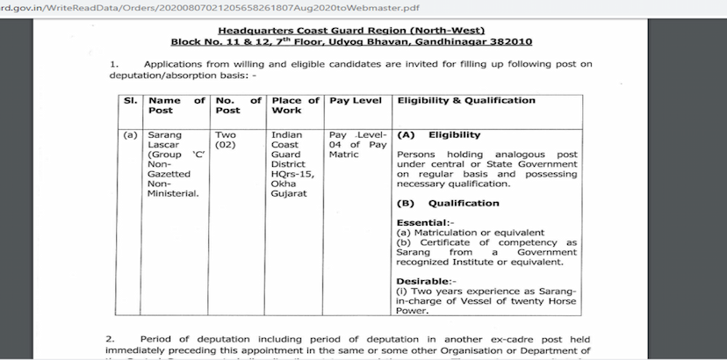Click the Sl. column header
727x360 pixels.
tap(129, 100)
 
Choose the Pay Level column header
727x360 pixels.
tap(355, 100)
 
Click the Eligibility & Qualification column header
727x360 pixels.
tap(466, 100)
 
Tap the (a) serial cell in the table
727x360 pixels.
tap(130, 135)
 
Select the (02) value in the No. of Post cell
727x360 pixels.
tap(226, 145)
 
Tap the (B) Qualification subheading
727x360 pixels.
tap(448, 203)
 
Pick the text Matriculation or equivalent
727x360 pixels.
tap(476, 232)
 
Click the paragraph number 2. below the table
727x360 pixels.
tap(111, 338)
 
